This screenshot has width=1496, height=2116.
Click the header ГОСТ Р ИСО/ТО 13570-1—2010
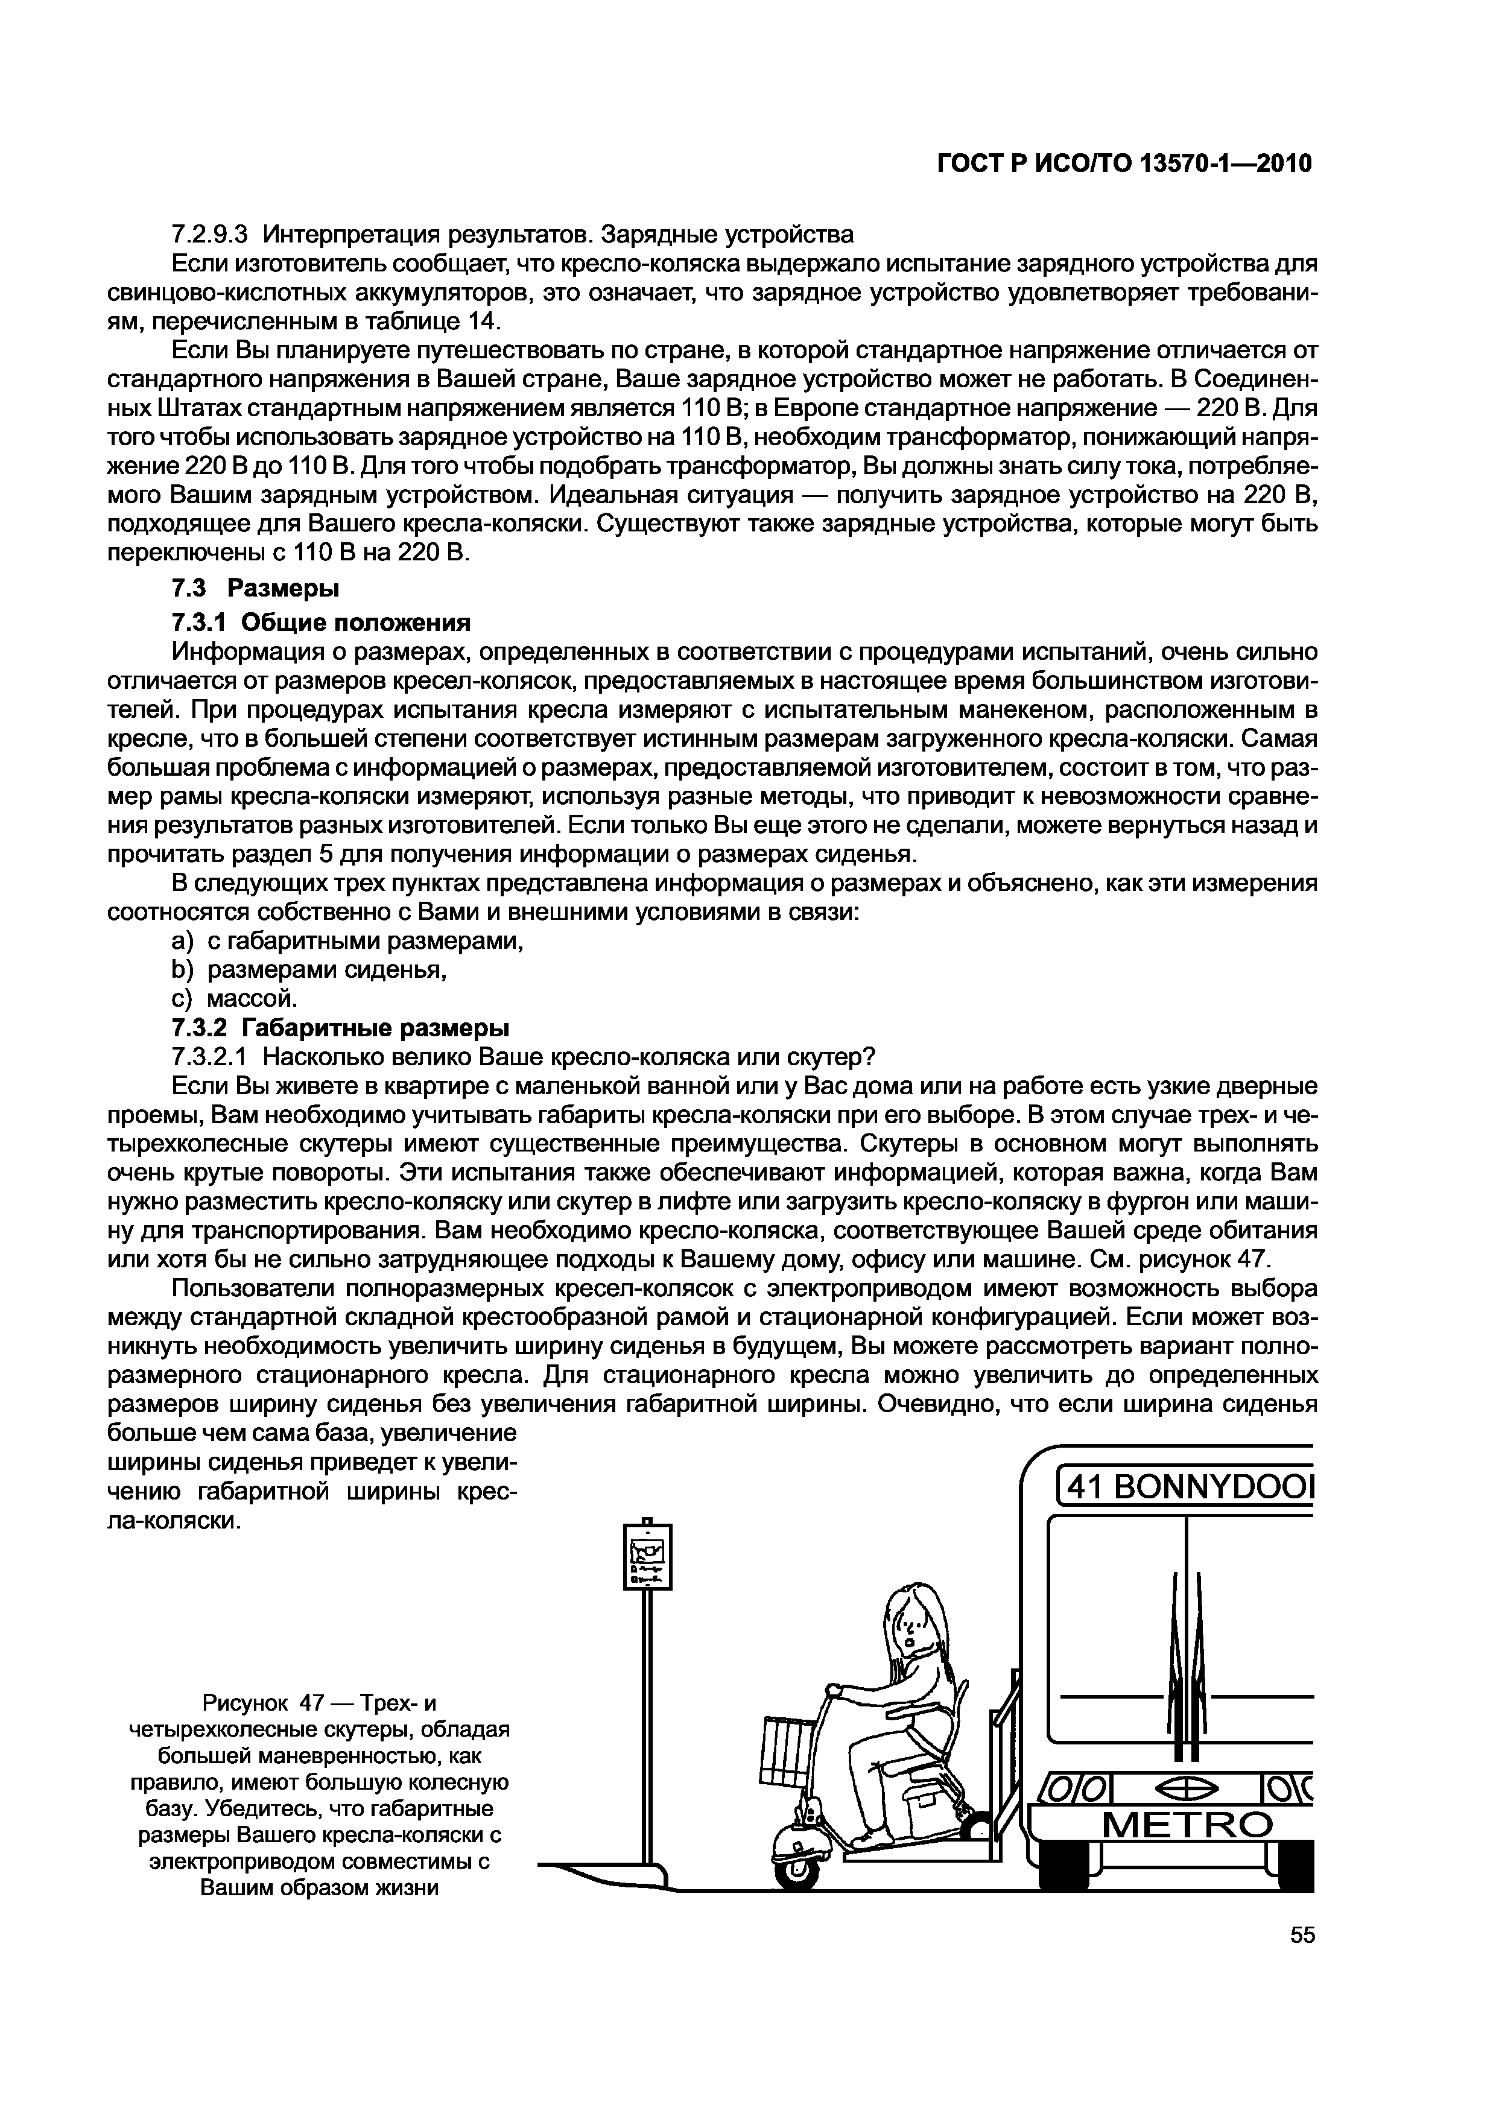1124,164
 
